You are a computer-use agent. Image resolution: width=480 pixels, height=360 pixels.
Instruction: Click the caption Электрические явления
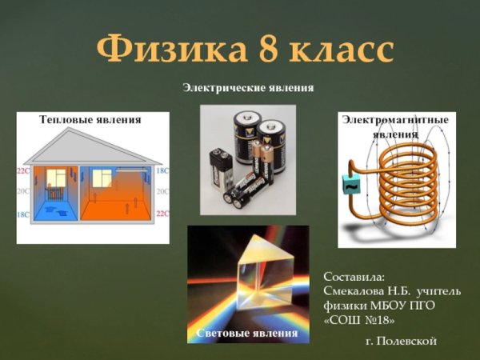247,87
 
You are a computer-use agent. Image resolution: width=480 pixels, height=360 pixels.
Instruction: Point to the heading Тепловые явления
90,119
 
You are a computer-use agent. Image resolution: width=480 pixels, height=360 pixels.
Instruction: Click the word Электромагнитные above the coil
395,120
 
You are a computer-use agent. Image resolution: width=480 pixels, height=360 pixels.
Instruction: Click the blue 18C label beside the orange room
162,171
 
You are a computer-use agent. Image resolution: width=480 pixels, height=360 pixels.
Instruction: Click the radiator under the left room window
56,193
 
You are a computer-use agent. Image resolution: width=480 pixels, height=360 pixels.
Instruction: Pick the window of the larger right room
101,178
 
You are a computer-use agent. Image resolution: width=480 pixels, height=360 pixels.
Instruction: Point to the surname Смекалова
358,291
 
